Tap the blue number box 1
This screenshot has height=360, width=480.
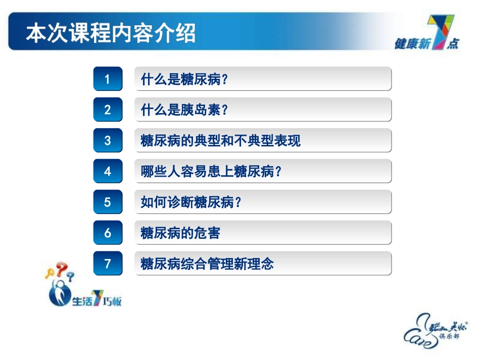(x=108, y=79)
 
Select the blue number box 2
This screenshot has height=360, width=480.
(x=108, y=110)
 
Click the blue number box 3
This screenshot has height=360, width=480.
(x=108, y=141)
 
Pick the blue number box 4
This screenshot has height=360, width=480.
(x=108, y=172)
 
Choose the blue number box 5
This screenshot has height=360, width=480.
(x=108, y=202)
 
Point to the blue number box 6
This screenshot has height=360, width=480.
(x=108, y=233)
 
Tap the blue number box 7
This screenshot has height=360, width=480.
(x=108, y=264)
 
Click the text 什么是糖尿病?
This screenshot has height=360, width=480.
(x=184, y=80)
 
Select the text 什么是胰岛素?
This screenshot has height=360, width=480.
(x=184, y=111)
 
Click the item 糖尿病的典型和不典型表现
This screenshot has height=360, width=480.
(x=220, y=141)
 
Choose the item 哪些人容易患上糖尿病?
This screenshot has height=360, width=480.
(x=211, y=172)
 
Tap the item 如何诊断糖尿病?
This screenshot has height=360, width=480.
(x=191, y=202)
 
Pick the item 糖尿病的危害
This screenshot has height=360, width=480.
(x=180, y=233)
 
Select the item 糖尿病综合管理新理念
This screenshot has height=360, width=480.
(x=207, y=264)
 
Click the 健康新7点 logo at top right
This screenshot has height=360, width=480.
(x=427, y=35)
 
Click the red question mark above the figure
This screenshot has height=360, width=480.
(x=61, y=269)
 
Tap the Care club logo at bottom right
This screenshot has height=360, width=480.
(x=436, y=328)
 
